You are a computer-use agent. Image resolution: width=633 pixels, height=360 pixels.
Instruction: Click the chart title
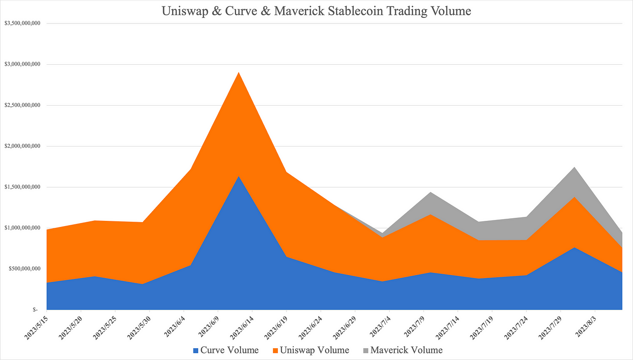[316, 11]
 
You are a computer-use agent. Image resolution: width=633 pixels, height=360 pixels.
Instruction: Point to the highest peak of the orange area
[238, 73]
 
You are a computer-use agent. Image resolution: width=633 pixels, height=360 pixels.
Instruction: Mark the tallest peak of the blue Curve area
[238, 177]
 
